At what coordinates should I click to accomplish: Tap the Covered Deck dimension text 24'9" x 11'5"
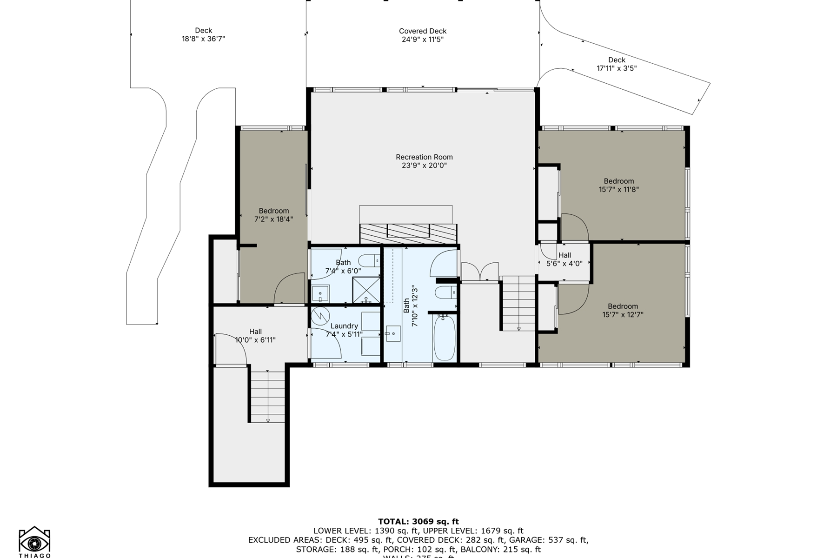tap(422, 40)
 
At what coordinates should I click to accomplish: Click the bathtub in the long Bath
tap(444, 338)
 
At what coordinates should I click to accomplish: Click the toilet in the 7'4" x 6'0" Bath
tap(370, 261)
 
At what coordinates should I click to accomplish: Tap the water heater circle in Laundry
tap(320, 316)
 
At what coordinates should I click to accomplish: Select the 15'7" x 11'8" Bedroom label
tap(618, 185)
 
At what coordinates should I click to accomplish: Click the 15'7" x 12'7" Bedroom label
tap(623, 310)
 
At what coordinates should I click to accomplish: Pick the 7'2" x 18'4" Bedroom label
tap(273, 215)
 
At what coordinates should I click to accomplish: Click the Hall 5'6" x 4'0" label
tap(564, 259)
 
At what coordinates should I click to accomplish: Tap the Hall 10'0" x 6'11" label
tap(255, 336)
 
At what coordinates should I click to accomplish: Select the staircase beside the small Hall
tap(518, 303)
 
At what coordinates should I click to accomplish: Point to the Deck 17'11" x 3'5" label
tap(617, 64)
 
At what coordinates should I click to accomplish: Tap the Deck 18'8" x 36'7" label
tap(203, 34)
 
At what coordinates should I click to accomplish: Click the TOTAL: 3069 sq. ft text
tap(418, 521)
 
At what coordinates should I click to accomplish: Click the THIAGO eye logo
tap(34, 542)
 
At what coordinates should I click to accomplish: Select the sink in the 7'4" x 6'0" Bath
tap(320, 294)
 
